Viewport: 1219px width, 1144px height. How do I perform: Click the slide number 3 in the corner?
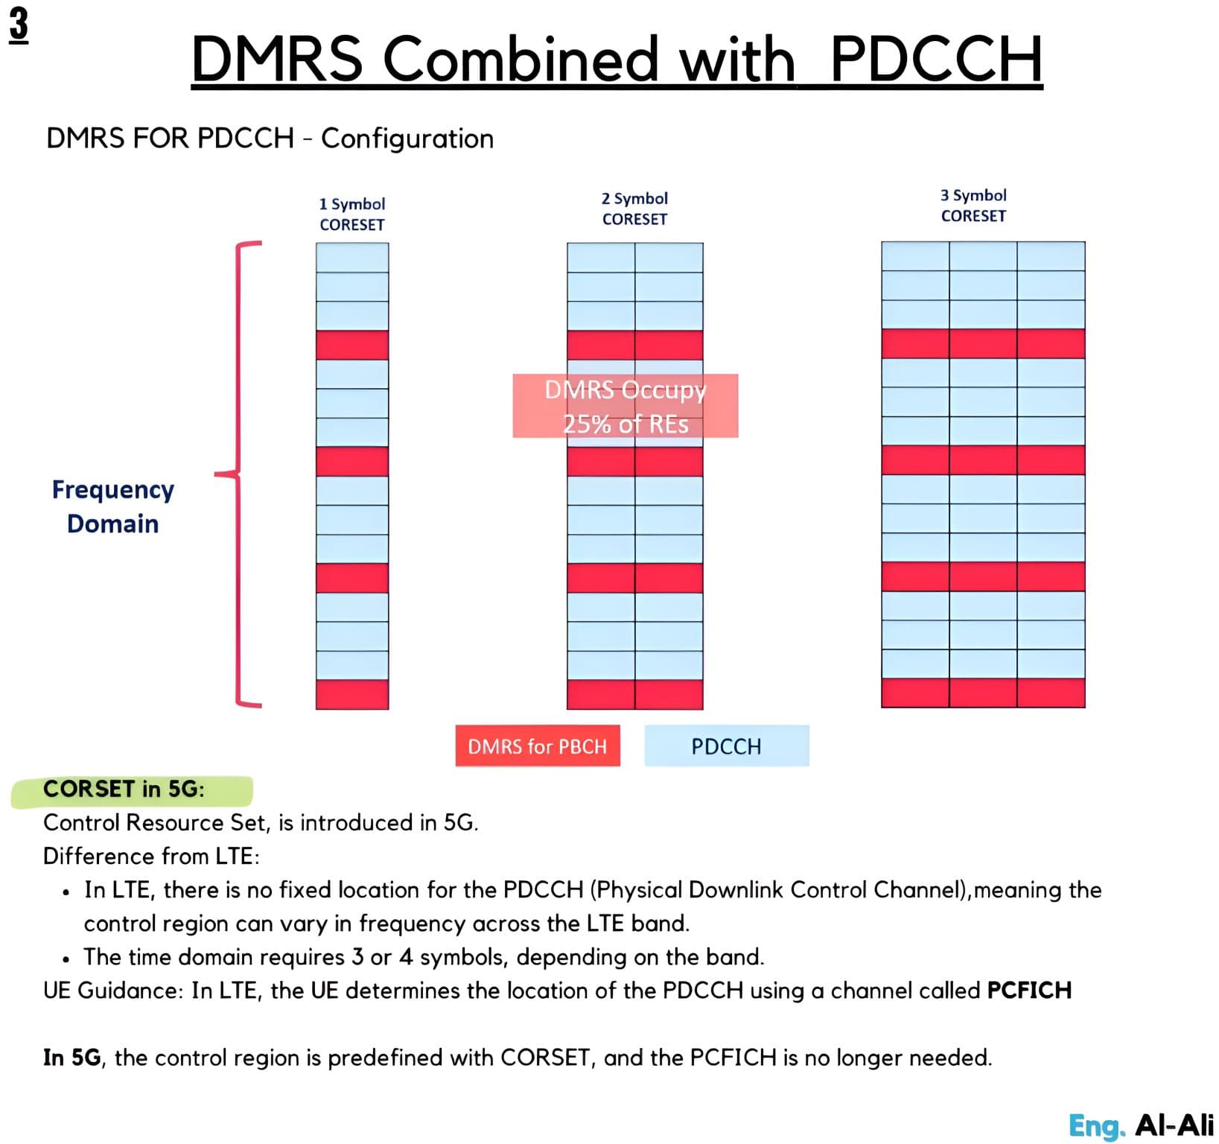[19, 25]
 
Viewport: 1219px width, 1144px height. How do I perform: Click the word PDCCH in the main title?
[936, 59]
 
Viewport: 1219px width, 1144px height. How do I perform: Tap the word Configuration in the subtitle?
[407, 139]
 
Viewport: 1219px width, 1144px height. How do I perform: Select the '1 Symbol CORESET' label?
[352, 214]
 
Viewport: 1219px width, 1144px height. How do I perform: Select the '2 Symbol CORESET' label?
[634, 209]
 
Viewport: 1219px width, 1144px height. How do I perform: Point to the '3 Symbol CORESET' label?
[973, 206]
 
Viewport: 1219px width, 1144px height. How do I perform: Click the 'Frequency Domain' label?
[113, 506]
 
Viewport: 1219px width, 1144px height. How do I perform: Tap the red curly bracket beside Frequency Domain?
[238, 473]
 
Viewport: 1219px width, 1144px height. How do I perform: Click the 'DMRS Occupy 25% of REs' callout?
[626, 406]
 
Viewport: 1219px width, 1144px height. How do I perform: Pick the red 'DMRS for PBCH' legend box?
[538, 746]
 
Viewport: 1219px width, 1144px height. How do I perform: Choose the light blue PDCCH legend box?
[726, 746]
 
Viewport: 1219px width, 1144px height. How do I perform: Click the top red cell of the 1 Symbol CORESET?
[352, 345]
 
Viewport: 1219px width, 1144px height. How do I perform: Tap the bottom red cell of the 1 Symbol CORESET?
[352, 694]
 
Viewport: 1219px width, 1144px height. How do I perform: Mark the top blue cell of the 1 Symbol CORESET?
[352, 258]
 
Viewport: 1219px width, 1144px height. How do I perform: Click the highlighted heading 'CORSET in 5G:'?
[124, 789]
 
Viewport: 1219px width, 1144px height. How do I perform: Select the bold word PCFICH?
[1029, 991]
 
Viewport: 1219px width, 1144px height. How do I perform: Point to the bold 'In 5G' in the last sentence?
[71, 1058]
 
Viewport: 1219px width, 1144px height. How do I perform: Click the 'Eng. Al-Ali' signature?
[1141, 1125]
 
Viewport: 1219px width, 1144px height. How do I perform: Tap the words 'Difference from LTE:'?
[151, 856]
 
